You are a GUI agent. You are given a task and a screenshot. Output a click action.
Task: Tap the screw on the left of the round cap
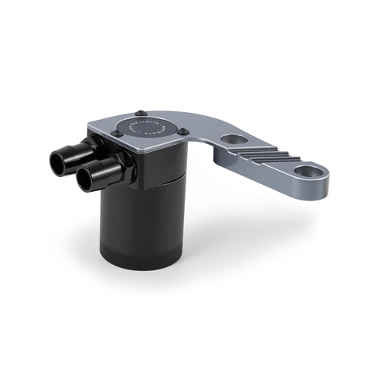117,132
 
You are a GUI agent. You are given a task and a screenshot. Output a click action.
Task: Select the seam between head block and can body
161,179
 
